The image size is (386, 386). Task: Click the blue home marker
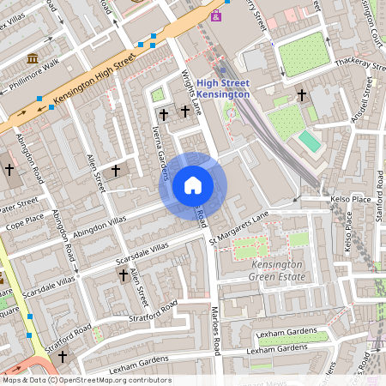pyautogui.click(x=193, y=185)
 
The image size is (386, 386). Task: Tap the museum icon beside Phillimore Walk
pyautogui.click(x=33, y=57)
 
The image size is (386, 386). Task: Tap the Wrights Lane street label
pyautogui.click(x=193, y=93)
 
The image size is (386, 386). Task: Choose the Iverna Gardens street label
pyautogui.click(x=160, y=155)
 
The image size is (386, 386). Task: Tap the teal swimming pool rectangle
pyautogui.click(x=309, y=141)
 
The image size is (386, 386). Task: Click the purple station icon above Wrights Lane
pyautogui.click(x=215, y=15)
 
